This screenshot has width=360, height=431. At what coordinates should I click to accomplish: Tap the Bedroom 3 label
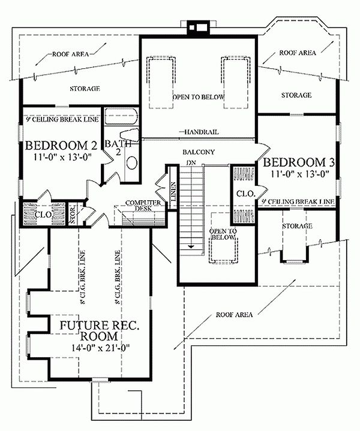click(x=295, y=163)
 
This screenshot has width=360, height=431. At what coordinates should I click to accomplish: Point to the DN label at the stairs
click(x=191, y=162)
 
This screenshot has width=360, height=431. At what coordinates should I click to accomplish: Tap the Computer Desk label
click(x=143, y=206)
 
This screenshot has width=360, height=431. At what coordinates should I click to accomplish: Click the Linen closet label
click(x=172, y=192)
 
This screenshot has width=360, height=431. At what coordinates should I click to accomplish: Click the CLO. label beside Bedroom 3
click(x=243, y=194)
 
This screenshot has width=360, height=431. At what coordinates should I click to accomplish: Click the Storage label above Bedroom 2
click(x=83, y=89)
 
